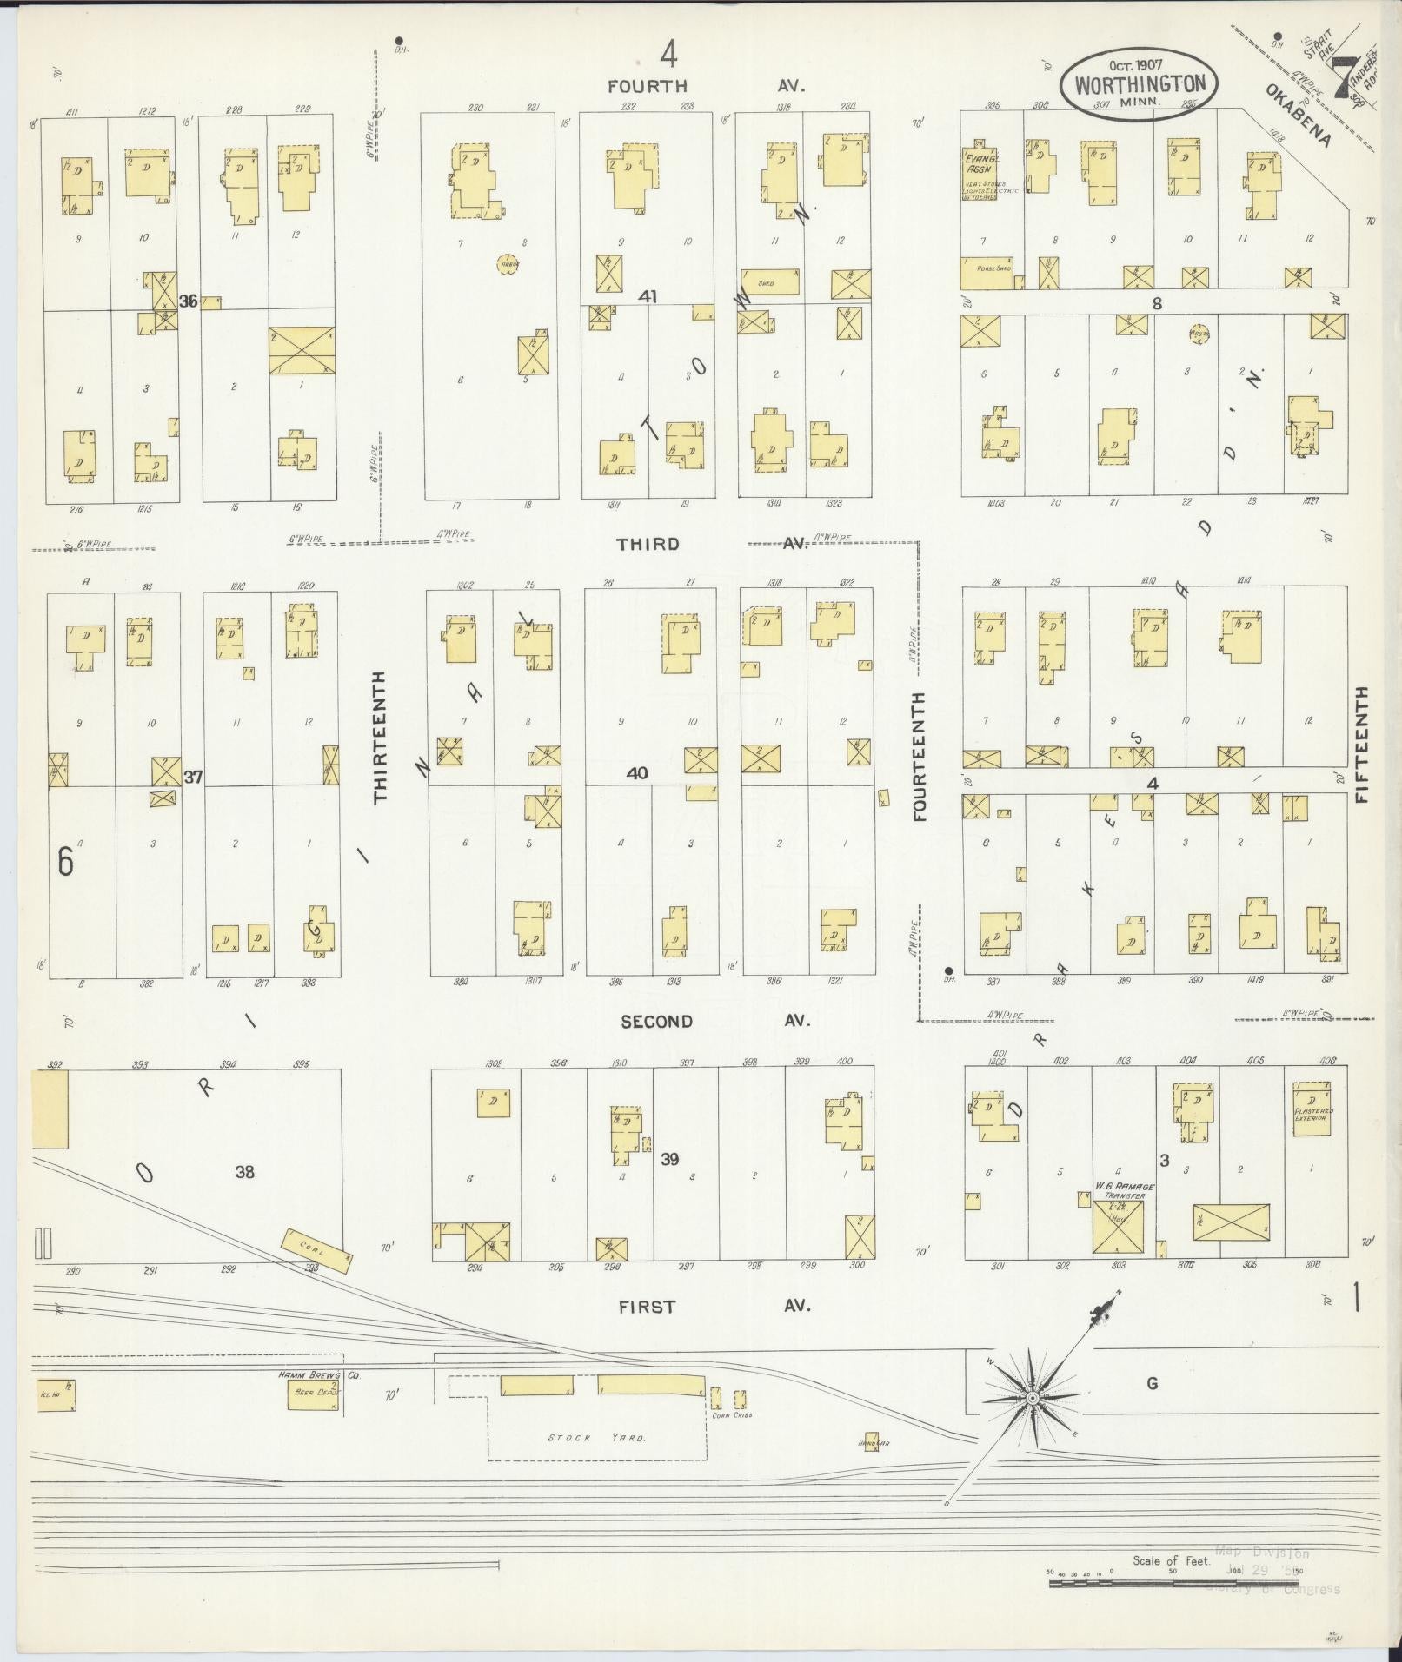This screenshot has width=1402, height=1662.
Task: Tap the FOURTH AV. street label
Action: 706,86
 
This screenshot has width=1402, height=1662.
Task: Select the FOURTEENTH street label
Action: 920,756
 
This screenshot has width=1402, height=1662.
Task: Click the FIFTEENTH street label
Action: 1360,745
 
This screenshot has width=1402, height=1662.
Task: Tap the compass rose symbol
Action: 1031,1398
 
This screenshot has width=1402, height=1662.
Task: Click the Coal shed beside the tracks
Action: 316,1250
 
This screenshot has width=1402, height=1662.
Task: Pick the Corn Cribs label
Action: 731,1415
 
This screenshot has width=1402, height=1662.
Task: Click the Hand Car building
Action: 871,1439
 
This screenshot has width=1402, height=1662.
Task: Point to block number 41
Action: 648,296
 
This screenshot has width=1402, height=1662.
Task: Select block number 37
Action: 193,777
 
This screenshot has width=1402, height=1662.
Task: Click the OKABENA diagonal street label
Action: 1299,116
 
